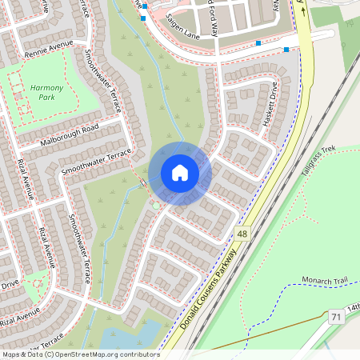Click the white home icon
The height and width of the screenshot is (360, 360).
tap(180, 172)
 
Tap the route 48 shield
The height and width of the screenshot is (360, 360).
tap(241, 233)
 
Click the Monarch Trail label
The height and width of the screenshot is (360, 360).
tap(326, 281)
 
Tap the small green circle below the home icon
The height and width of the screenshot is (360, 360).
tap(155, 206)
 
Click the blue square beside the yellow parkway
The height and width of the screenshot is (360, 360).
tap(286, 50)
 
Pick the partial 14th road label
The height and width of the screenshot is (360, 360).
tap(353, 307)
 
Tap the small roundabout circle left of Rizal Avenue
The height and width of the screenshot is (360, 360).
tap(36, 282)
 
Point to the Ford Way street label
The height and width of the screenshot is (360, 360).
tap(214, 15)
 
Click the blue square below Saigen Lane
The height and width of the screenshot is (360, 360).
tap(258, 42)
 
